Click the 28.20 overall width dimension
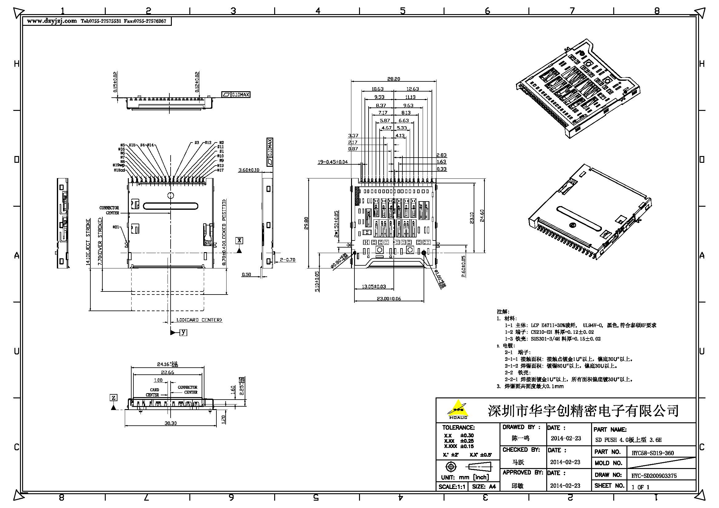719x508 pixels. (393, 79)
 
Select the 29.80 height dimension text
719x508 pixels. (306, 223)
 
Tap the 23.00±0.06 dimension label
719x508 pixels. (389, 299)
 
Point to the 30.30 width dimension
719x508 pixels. (171, 423)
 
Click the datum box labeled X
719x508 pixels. (239, 240)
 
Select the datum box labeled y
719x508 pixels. (184, 332)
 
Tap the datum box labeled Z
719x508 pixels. (114, 397)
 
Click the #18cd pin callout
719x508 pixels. (119, 170)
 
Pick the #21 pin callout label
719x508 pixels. (116, 227)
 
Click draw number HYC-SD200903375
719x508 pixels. (654, 476)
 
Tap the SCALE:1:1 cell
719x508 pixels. (452, 487)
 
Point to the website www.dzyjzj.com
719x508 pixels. (52, 21)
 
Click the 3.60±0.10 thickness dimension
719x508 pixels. (249, 170)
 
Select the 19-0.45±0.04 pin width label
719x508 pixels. (333, 162)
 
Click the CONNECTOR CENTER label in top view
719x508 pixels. (109, 210)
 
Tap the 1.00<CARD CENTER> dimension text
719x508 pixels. (199, 320)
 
